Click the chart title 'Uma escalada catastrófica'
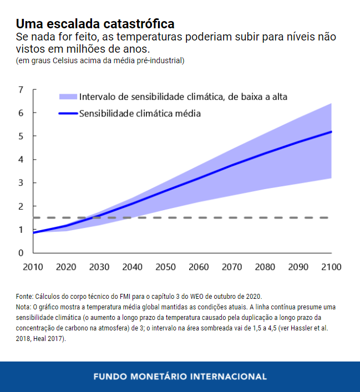95,24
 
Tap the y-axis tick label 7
21,90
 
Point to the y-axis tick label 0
21,253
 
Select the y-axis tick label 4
21,160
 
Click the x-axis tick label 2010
33,267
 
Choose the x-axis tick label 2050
166,267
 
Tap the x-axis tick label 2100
331,267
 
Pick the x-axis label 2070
232,267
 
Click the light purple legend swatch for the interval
67,97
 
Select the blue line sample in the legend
67,114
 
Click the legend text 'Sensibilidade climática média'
140,114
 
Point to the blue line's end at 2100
331,132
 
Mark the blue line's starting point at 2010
34,233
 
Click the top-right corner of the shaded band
331,104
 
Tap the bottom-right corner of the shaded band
331,177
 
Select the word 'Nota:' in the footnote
24,307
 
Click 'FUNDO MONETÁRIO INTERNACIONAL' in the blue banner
180,376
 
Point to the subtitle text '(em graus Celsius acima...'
100,60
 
